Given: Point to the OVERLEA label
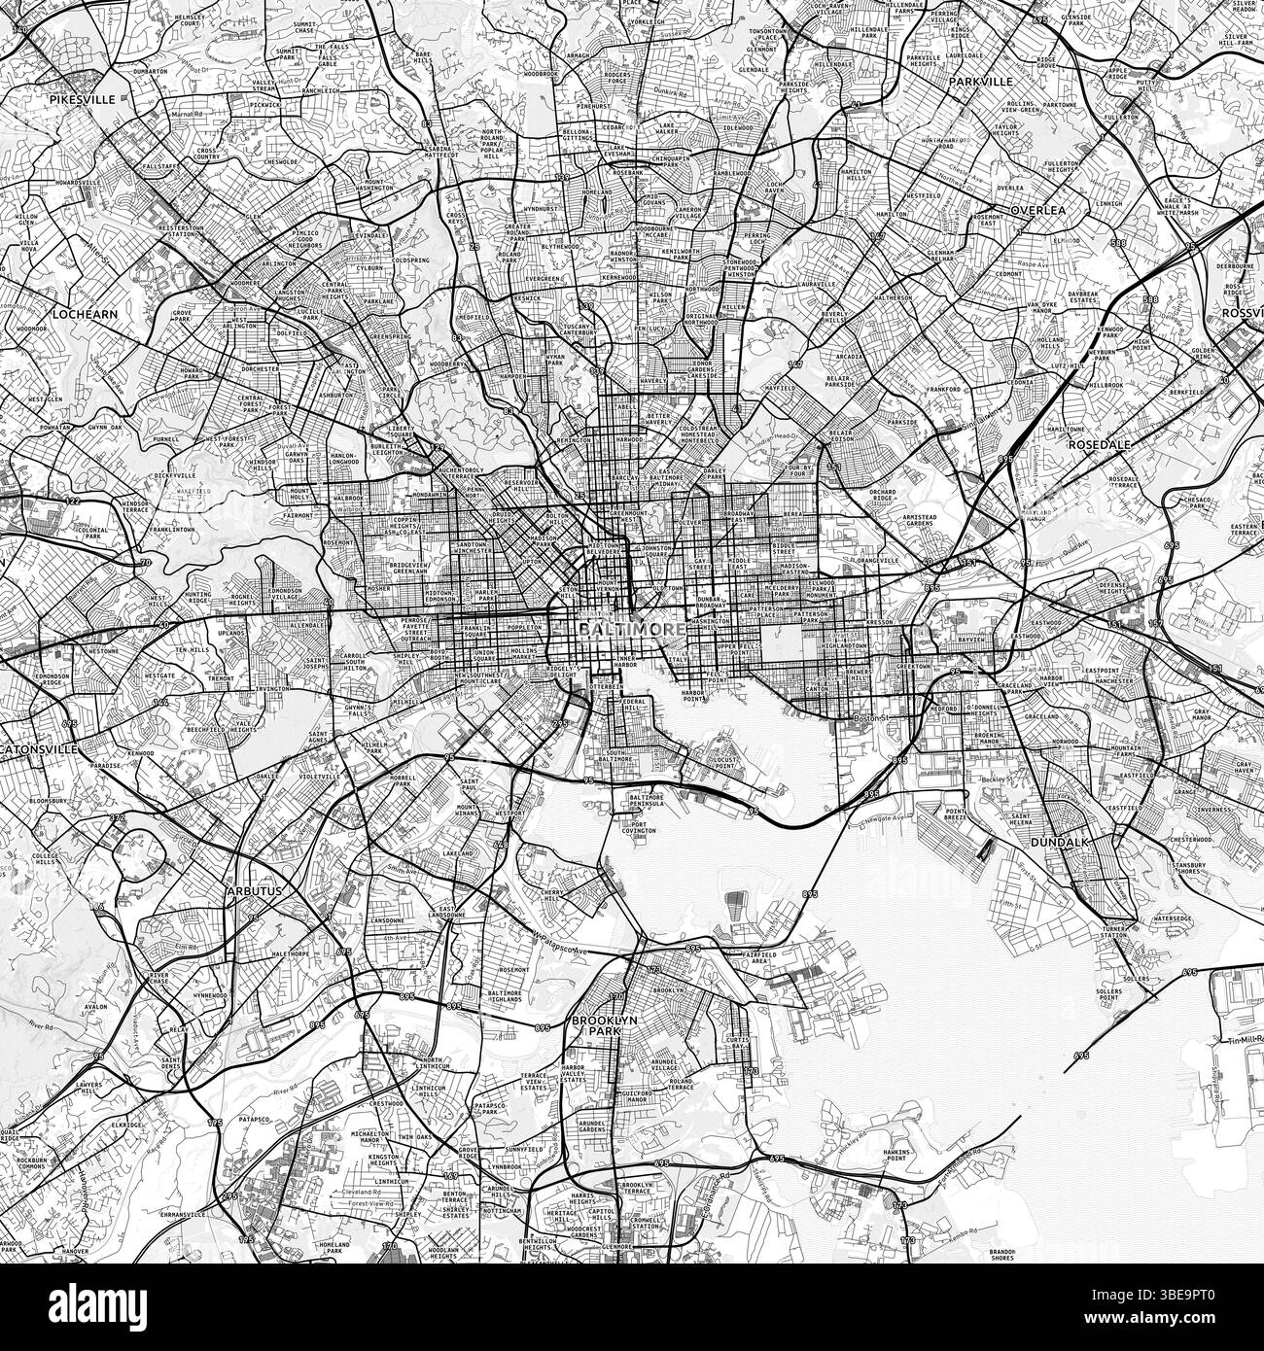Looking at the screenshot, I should tap(1037, 209).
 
